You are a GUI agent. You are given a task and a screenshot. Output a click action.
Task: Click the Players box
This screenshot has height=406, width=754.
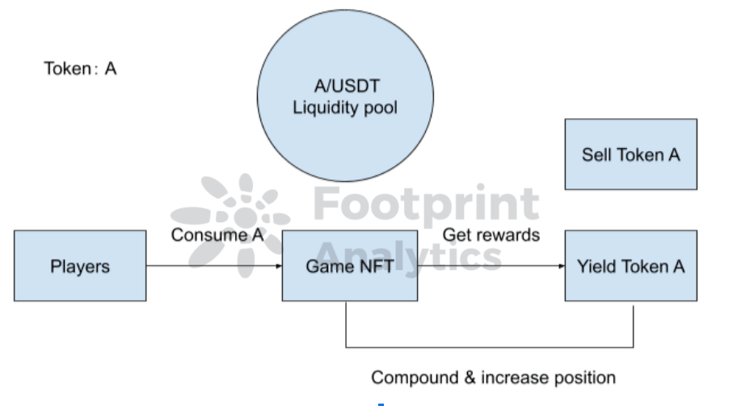click(80, 266)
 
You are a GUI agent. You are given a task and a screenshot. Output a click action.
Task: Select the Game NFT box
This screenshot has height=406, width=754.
click(349, 266)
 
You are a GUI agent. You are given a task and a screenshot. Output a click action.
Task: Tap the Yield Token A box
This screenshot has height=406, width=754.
click(630, 266)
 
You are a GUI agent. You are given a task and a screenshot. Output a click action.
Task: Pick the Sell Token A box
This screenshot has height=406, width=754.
click(630, 154)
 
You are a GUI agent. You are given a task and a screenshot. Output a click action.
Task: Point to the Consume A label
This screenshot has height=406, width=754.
click(217, 235)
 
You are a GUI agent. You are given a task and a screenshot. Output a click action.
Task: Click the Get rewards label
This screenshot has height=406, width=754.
click(491, 235)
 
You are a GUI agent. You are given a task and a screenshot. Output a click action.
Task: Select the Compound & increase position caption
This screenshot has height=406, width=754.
click(493, 378)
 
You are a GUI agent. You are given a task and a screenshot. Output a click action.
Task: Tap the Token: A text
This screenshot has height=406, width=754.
click(80, 69)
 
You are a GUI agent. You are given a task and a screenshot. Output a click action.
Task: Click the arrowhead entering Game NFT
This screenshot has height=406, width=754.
click(278, 266)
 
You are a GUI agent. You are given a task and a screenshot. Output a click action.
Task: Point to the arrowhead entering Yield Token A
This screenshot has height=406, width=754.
click(561, 266)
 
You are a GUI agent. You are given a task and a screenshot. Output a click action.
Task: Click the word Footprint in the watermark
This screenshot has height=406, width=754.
click(426, 205)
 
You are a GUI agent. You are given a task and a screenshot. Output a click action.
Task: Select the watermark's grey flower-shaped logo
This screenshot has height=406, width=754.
click(230, 217)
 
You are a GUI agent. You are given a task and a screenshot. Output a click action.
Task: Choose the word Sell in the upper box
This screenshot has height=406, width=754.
click(597, 154)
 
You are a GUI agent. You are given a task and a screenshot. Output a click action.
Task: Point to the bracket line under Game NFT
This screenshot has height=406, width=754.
click(489, 348)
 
